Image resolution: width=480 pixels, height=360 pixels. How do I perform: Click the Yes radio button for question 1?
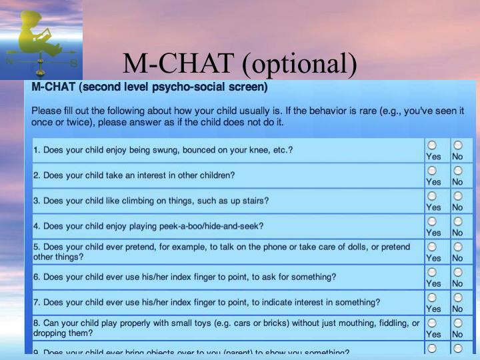pyautogui.click(x=433, y=145)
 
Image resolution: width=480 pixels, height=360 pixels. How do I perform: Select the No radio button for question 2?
pyautogui.click(x=457, y=170)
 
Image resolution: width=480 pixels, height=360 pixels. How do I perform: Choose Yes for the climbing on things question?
pyautogui.click(x=433, y=195)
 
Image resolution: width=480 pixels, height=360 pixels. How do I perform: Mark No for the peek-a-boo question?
pyautogui.click(x=457, y=221)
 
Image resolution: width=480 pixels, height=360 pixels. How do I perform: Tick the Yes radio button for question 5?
pyautogui.click(x=433, y=246)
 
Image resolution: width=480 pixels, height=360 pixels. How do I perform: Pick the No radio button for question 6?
pyautogui.click(x=457, y=271)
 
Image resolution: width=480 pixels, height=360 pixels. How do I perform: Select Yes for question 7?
pyautogui.click(x=433, y=297)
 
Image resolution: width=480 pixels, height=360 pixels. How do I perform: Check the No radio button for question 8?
pyautogui.click(x=457, y=322)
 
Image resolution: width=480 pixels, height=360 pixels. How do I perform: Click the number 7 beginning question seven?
pyautogui.click(x=36, y=302)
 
